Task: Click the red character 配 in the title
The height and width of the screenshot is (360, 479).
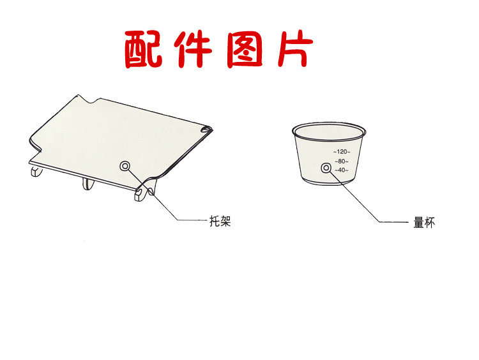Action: [144, 49]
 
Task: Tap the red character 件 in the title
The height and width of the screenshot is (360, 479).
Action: [193, 49]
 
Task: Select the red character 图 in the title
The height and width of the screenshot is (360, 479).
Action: [245, 49]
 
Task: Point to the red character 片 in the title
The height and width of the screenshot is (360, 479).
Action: [295, 49]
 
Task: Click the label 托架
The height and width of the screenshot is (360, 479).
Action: [220, 221]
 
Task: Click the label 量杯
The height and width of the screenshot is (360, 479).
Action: [424, 223]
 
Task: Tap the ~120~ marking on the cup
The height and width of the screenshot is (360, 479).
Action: [342, 152]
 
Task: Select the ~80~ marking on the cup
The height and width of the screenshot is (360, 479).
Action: [342, 161]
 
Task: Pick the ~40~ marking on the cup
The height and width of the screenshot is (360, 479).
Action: [342, 170]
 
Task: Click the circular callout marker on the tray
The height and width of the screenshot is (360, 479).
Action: [125, 167]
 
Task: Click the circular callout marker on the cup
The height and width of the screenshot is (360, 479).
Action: [326, 168]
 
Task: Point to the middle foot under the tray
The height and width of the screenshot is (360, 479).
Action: [88, 184]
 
